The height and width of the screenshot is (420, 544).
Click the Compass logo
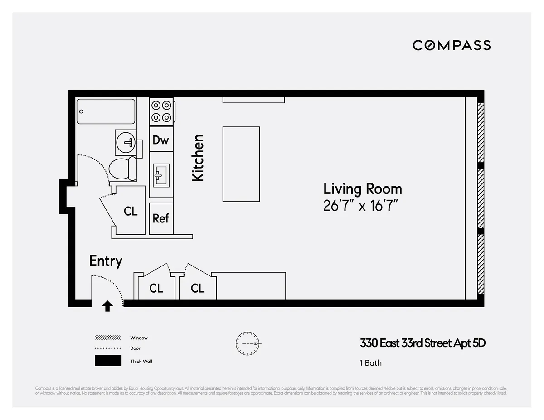pyautogui.click(x=452, y=45)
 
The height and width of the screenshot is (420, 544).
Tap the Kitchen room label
pyautogui.click(x=198, y=158)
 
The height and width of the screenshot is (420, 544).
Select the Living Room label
pyautogui.click(x=362, y=188)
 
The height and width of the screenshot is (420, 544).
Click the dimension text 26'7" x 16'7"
pyautogui.click(x=360, y=206)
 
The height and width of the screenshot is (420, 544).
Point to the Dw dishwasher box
pyautogui.click(x=160, y=140)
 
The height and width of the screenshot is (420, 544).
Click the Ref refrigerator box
pyautogui.click(x=160, y=218)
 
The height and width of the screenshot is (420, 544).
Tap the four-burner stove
pyautogui.click(x=162, y=111)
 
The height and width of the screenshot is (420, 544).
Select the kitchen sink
pyautogui.click(x=161, y=175)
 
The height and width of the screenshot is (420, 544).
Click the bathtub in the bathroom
pyautogui.click(x=106, y=111)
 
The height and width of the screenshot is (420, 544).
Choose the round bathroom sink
pyautogui.click(x=126, y=142)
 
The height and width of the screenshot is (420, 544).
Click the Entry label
pyautogui.click(x=106, y=261)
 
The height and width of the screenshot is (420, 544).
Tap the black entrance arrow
pyautogui.click(x=107, y=306)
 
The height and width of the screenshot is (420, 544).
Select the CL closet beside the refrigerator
pyautogui.click(x=131, y=211)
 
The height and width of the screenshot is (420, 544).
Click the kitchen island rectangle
pyautogui.click(x=241, y=164)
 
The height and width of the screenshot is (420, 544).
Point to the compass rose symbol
pyautogui.click(x=248, y=343)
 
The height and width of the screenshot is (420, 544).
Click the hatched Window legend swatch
pyautogui.click(x=108, y=338)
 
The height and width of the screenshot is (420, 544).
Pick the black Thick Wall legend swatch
pyautogui.click(x=108, y=361)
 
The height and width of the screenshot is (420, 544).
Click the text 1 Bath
pyautogui.click(x=370, y=363)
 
